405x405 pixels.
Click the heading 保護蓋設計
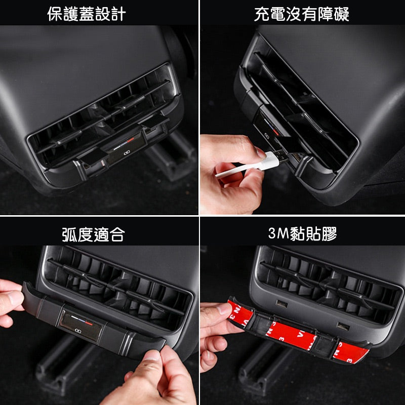coord(86,14)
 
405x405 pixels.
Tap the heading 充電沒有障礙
coord(302,14)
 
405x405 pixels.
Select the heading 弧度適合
coord(93,234)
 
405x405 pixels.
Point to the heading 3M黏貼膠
coord(303,234)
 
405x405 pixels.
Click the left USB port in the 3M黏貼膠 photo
coord(281,304)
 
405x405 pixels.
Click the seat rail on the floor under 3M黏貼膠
coord(263,370)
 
